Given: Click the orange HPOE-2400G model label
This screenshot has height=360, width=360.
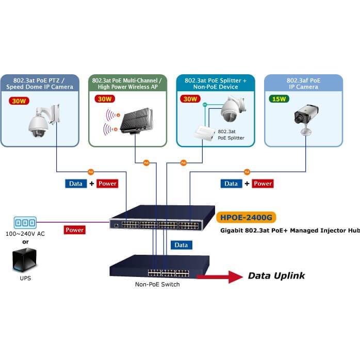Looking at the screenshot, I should [245, 218].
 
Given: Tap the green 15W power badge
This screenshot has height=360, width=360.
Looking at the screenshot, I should [279, 99].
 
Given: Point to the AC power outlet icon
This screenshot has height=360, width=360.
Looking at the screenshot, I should [25, 223].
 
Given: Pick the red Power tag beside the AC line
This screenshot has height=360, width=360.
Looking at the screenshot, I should [75, 230].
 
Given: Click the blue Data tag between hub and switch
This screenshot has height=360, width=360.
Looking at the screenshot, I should [181, 245].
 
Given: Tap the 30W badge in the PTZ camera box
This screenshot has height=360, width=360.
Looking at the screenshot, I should [20, 101].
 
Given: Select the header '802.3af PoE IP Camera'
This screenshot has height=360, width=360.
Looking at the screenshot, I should [303, 84].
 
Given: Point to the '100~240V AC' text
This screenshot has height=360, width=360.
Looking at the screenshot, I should [25, 234].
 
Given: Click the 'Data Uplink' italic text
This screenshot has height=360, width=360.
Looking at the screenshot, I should [276, 276].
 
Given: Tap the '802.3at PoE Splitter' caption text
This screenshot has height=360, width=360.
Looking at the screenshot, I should [230, 135].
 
